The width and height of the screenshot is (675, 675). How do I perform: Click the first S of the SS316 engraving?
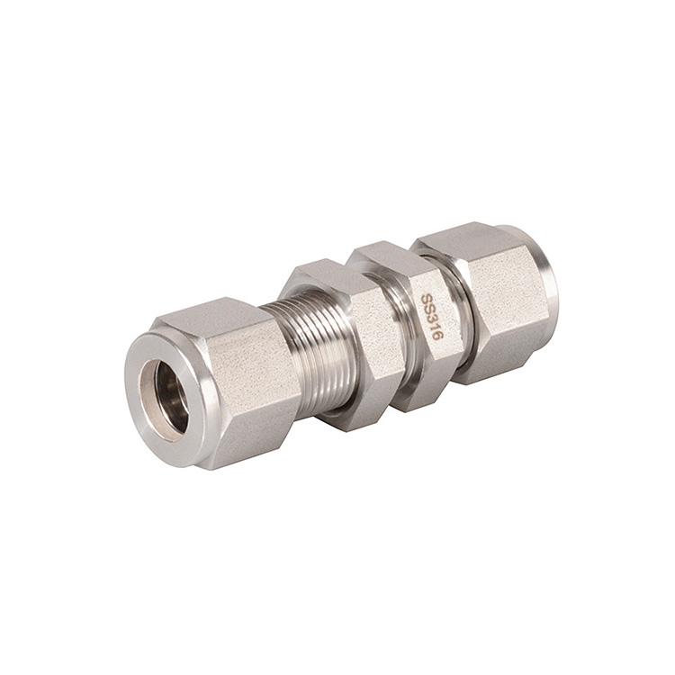[426, 298]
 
